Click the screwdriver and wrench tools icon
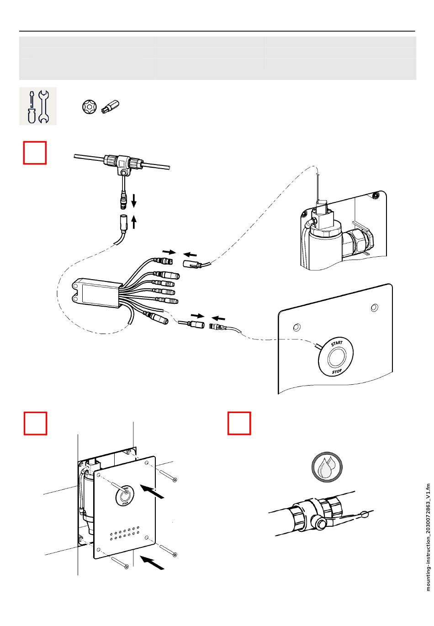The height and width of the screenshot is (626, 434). [x=38, y=106]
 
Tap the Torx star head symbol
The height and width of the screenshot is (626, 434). [x=89, y=106]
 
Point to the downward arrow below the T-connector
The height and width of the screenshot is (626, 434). [x=134, y=199]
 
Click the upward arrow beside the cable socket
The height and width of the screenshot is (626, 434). [x=134, y=222]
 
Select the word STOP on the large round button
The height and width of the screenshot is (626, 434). [x=337, y=371]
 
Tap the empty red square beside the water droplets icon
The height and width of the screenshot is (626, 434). [x=239, y=423]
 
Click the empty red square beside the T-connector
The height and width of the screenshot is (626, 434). [x=35, y=153]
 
